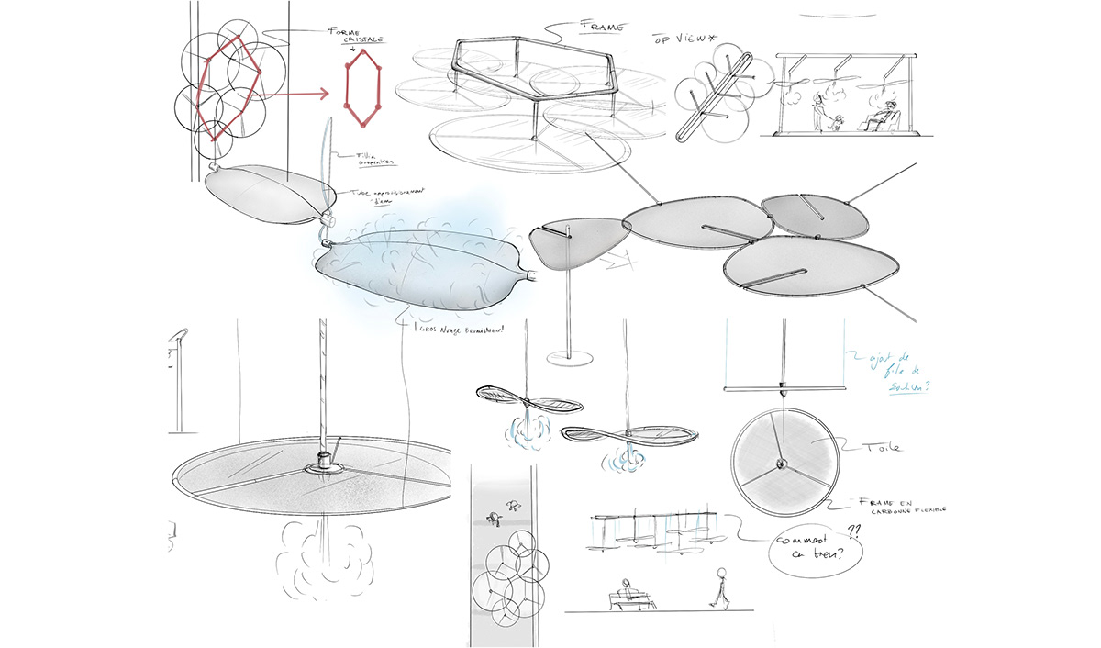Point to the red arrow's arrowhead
pos(322,94)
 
